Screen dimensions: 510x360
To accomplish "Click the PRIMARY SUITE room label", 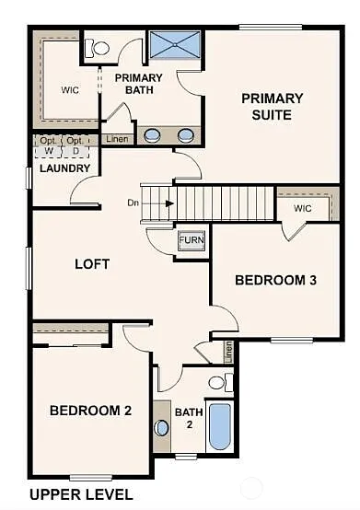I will pyautogui.click(x=273, y=107).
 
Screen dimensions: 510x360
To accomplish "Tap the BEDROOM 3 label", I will pyautogui.click(x=275, y=280).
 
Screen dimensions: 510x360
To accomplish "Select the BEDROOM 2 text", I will pyautogui.click(x=90, y=411).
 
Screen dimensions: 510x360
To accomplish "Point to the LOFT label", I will pyautogui.click(x=92, y=264).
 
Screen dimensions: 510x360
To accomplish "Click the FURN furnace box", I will pyautogui.click(x=192, y=240).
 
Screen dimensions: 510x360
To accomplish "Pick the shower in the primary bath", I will pyautogui.click(x=175, y=43).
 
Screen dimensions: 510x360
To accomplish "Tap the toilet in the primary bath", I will pyautogui.click(x=95, y=49).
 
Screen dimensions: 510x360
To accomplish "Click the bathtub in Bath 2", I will pyautogui.click(x=219, y=426).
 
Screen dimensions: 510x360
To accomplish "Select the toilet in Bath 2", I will pyautogui.click(x=218, y=381).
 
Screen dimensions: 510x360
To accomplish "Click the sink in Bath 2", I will pyautogui.click(x=163, y=427).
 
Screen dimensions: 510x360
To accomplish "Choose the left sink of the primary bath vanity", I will pyautogui.click(x=153, y=135).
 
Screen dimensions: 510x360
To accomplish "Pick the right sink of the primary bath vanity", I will pyautogui.click(x=185, y=135).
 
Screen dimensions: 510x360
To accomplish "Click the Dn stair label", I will pyautogui.click(x=134, y=203).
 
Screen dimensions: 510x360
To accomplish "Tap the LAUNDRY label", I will pyautogui.click(x=65, y=168).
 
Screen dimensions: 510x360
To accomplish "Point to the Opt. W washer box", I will pyautogui.click(x=47, y=145).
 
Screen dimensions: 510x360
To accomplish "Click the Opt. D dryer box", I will pyautogui.click(x=75, y=145).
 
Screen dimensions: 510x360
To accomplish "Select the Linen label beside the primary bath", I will pyautogui.click(x=117, y=139).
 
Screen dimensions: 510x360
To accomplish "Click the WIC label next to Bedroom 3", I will pyautogui.click(x=303, y=208).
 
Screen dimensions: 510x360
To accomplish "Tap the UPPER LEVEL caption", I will pyautogui.click(x=81, y=494).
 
